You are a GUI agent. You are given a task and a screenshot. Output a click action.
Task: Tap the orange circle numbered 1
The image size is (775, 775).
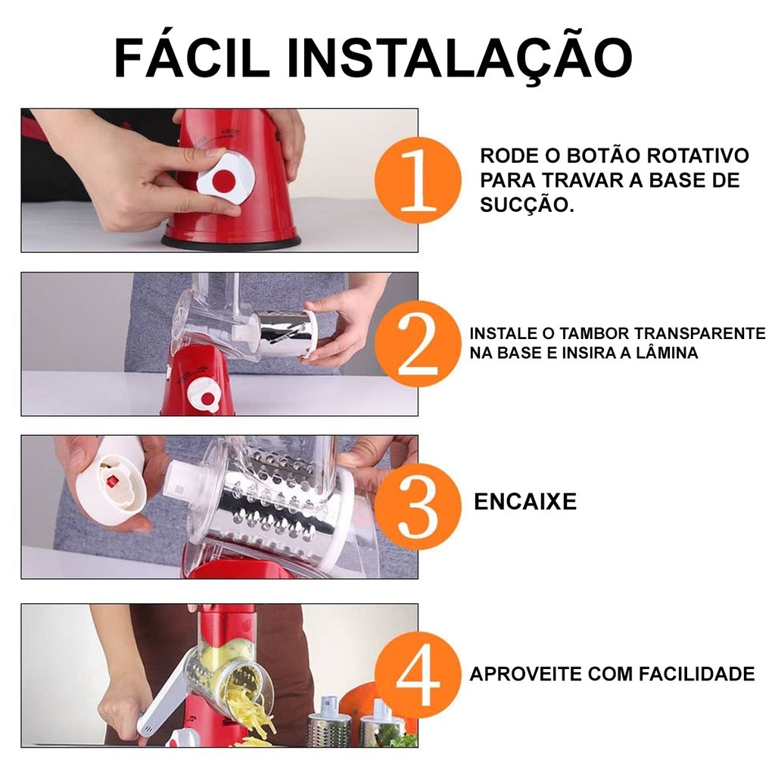coord(416,180)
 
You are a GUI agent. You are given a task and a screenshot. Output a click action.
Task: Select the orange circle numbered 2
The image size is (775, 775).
coord(416,344)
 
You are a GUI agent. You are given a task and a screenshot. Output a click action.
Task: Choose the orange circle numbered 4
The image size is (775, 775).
coord(416,674)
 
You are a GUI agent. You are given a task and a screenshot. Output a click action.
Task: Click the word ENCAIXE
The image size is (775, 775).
coord(524,501)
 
